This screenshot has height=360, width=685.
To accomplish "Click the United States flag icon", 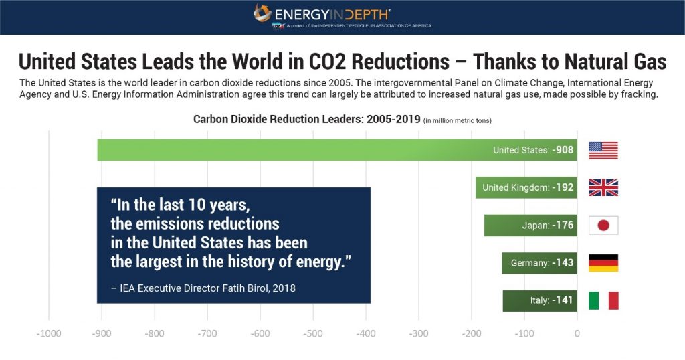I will tap(603, 150).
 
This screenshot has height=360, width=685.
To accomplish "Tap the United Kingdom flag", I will tap(603, 188).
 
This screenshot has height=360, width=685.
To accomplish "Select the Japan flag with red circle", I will tap(603, 226).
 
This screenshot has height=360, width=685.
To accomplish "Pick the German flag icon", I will tap(603, 263).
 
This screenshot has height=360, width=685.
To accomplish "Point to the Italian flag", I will tap(603, 300).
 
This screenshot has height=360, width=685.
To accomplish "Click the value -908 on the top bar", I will tap(563, 150).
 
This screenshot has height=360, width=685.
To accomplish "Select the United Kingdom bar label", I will tap(515, 188).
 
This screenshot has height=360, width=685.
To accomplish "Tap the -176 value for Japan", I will tap(563, 226).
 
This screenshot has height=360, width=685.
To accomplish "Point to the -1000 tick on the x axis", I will tap(49, 333).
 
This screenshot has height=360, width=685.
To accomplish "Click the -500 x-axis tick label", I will tap(312, 333).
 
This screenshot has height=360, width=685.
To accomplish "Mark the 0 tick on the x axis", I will tap(577, 333).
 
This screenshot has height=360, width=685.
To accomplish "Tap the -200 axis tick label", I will tap(471, 333).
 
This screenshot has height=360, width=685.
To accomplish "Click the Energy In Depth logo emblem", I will tap(262, 13).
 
